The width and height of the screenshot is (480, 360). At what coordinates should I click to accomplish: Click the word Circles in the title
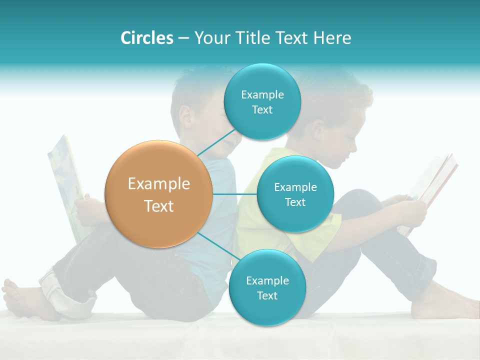[x=147, y=38]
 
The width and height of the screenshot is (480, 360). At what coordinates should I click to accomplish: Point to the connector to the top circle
[x=216, y=142]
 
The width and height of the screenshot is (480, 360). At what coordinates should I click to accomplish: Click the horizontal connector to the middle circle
[x=235, y=194]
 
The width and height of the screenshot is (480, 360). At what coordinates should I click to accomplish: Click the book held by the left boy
[x=65, y=185]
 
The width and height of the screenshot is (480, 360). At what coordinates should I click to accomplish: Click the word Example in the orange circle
[x=159, y=184]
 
